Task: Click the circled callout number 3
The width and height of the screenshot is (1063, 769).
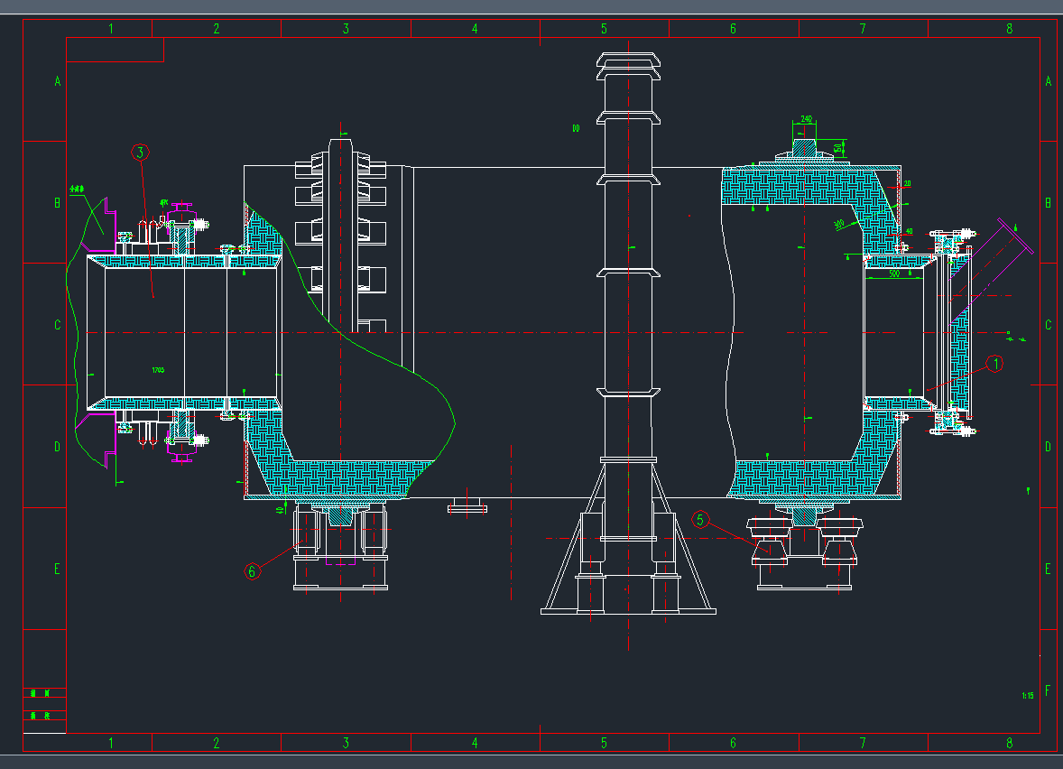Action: tap(139, 153)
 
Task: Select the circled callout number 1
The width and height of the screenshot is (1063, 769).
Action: tap(994, 364)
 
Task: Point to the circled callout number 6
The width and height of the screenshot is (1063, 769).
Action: tap(253, 570)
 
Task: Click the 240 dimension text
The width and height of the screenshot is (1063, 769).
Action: tap(806, 119)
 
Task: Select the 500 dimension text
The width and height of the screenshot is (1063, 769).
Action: tap(893, 273)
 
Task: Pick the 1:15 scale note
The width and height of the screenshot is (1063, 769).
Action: tap(1027, 695)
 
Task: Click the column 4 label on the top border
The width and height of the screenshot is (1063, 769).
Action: tap(475, 29)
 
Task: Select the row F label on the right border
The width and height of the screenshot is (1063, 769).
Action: tap(1048, 690)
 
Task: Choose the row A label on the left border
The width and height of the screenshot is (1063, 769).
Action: tap(57, 81)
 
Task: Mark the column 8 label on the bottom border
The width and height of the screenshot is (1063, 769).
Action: tap(1009, 743)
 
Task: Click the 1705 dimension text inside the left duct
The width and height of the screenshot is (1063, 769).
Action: tap(158, 370)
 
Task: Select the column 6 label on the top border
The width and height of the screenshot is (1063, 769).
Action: tap(733, 29)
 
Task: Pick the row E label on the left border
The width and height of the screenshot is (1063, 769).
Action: tap(57, 569)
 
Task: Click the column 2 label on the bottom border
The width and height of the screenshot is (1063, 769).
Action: tap(217, 743)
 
